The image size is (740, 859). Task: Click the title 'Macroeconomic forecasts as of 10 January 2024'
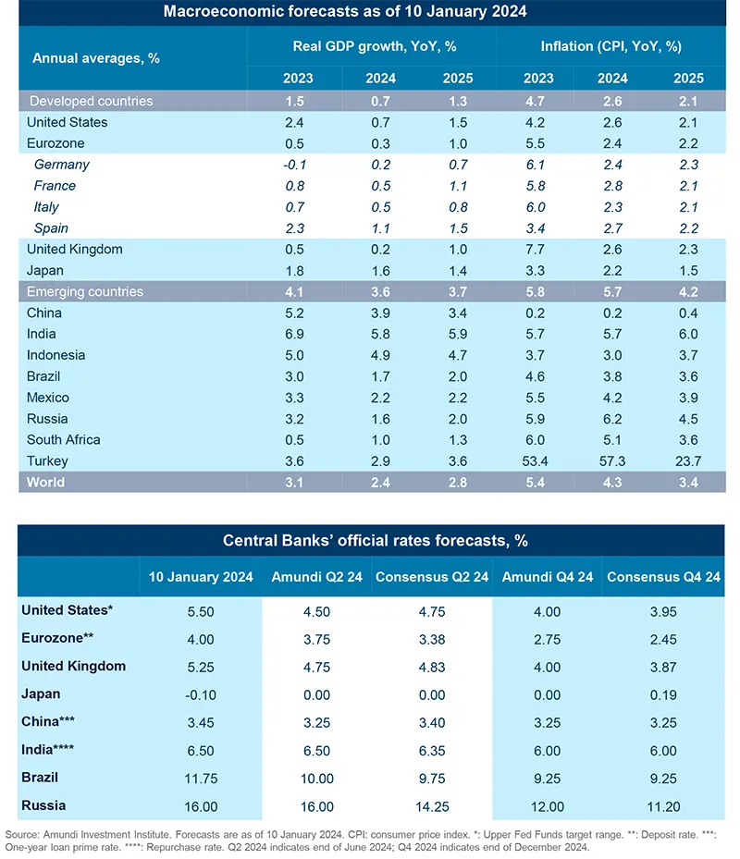pos(370,12)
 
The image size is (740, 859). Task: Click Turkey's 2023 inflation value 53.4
pos(538,461)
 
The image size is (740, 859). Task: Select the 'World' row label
pos(46,483)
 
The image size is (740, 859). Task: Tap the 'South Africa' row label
pos(64,440)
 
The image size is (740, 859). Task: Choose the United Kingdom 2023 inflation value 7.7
pos(538,250)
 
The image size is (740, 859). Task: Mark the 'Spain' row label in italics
pos(51,228)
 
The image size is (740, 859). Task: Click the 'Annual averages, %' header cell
pos(96,57)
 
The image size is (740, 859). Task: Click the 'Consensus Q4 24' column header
pos(663,577)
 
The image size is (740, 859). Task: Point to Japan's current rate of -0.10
pos(201,694)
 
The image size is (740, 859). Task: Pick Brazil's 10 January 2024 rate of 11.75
pos(201,779)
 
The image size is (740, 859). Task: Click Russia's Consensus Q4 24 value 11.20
pos(663,806)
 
